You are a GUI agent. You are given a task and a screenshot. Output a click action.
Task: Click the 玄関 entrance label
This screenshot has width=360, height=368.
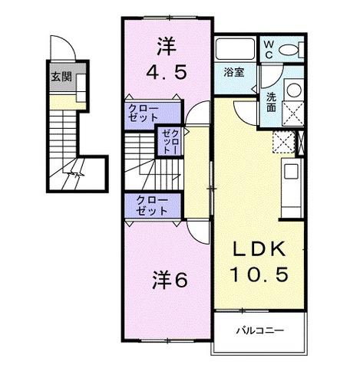tap(61, 77)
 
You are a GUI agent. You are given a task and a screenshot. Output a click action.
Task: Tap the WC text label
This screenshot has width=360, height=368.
tap(269, 50)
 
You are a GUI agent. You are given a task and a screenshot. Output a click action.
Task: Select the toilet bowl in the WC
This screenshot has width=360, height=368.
tap(289, 50)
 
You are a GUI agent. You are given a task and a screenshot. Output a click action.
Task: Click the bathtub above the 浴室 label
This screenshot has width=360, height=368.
tap(235, 49)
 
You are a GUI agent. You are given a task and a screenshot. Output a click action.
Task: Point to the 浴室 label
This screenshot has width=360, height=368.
tap(234, 72)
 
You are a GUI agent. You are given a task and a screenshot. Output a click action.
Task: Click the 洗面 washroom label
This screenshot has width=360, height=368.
tap(271, 102)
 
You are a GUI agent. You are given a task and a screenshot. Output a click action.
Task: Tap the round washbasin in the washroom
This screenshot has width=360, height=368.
tap(294, 90)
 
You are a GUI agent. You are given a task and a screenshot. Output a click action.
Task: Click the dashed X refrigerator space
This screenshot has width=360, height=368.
tap(284, 142)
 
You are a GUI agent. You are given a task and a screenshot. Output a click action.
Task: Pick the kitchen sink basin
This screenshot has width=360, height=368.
tap(291, 172)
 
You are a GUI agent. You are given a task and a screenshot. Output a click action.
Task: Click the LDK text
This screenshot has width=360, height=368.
tap(259, 248)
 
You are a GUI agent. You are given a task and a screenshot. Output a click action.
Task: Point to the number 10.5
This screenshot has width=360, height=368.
tap(259, 274)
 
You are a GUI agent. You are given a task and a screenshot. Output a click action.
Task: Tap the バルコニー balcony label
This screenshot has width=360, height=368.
tap(260, 331)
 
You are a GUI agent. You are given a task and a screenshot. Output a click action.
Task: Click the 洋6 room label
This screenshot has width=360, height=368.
tap(170, 280)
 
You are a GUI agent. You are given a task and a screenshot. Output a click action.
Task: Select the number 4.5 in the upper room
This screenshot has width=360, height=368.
tap(166, 72)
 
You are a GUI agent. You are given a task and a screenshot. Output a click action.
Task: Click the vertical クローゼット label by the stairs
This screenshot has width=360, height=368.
tap(170, 142)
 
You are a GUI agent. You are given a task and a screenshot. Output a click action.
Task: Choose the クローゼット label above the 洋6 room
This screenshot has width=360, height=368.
tap(152, 206)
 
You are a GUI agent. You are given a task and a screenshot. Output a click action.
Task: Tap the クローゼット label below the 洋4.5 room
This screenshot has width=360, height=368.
tap(144, 113)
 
